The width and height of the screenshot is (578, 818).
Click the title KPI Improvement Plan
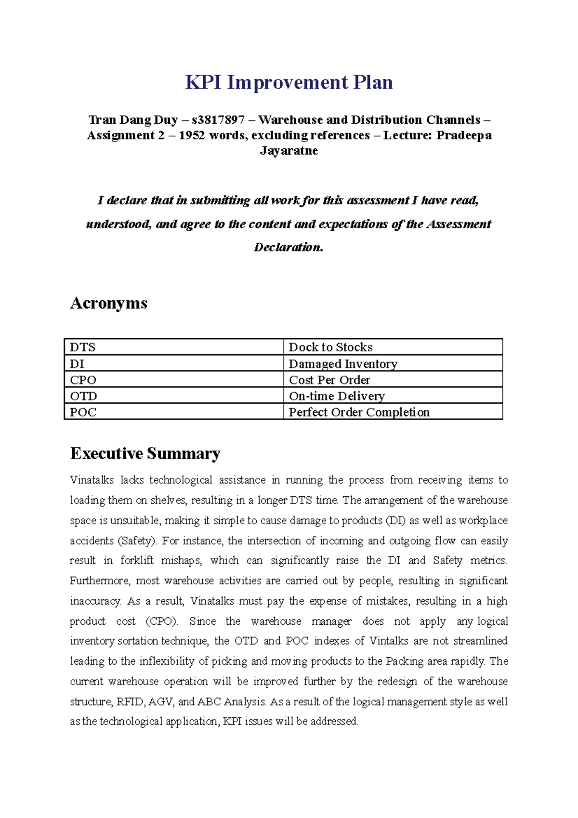(289, 82)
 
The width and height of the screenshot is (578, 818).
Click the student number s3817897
(218, 119)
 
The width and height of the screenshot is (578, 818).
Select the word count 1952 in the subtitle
(192, 135)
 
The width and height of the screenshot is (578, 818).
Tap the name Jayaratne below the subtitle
(289, 151)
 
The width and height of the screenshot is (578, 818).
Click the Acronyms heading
(108, 303)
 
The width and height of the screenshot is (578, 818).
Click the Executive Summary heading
(145, 453)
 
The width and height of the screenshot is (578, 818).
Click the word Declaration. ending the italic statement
(288, 247)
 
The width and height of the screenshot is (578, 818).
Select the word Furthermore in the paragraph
(100, 581)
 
